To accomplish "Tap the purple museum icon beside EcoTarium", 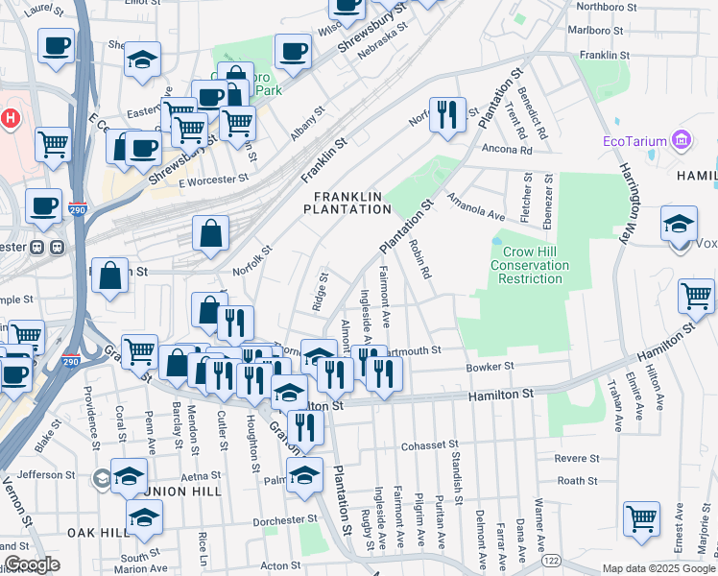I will [682, 142].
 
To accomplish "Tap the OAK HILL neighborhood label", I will [98, 532].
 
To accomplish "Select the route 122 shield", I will [550, 560].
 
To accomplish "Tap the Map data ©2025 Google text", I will [658, 568].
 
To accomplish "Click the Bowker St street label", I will [491, 366].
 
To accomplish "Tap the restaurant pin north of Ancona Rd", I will [447, 116].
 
